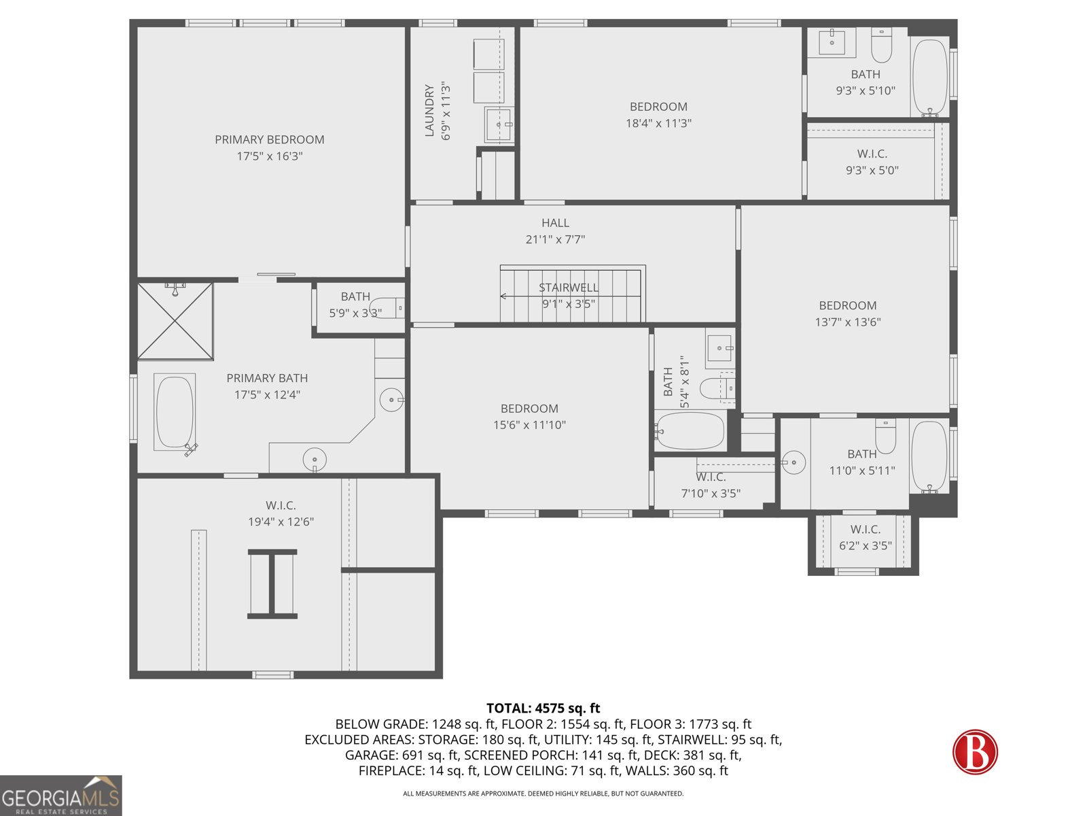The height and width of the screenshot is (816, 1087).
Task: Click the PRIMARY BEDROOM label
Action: tap(269, 139)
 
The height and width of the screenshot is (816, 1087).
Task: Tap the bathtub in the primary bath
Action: tap(175, 412)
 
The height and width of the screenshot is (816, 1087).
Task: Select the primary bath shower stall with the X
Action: tap(175, 322)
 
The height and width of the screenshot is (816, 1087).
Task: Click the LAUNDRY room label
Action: tap(429, 110)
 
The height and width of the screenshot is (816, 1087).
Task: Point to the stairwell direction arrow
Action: tap(503, 296)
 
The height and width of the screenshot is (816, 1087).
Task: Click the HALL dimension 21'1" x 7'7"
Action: tap(555, 239)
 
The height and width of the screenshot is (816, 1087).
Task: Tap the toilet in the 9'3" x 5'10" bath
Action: tap(881, 46)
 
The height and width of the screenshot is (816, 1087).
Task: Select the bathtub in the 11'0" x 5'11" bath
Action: tap(929, 456)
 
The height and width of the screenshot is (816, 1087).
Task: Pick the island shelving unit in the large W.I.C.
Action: tap(272, 583)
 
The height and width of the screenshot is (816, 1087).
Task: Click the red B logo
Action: tap(975, 751)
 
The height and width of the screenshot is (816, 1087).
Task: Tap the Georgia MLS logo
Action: tap(60, 796)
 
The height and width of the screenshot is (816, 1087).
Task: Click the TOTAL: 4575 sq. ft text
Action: tap(543, 709)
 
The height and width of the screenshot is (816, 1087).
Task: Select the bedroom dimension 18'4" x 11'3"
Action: tap(658, 123)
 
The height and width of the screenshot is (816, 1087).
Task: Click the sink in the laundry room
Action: tap(499, 124)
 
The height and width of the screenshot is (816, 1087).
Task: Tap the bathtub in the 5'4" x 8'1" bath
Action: tap(690, 431)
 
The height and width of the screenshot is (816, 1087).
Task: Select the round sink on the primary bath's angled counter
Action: tap(391, 400)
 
